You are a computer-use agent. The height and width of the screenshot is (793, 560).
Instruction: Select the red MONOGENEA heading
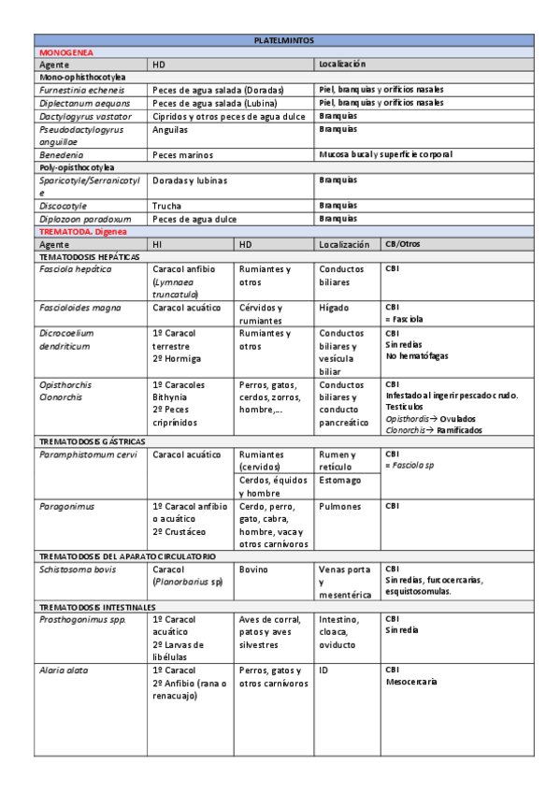click(x=65, y=53)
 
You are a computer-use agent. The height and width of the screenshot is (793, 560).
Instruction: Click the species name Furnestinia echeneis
click(x=82, y=90)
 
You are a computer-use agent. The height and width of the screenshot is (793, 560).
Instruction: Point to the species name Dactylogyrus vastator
click(x=84, y=116)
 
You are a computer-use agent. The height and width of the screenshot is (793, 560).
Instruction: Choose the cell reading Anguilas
click(x=171, y=130)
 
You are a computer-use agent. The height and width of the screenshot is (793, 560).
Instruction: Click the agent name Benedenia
click(x=61, y=154)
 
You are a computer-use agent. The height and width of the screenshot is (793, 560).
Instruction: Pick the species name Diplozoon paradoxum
click(x=83, y=219)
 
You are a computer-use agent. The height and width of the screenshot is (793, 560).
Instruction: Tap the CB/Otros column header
click(x=403, y=244)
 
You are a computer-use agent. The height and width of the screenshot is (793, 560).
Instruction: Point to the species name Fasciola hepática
click(x=75, y=269)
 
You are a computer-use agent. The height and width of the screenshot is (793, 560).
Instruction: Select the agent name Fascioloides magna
click(x=79, y=308)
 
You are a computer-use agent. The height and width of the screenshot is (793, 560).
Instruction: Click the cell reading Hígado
click(x=335, y=308)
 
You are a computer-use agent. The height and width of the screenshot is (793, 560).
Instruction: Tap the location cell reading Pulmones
click(x=340, y=506)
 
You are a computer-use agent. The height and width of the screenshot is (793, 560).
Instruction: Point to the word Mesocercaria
click(x=411, y=682)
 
